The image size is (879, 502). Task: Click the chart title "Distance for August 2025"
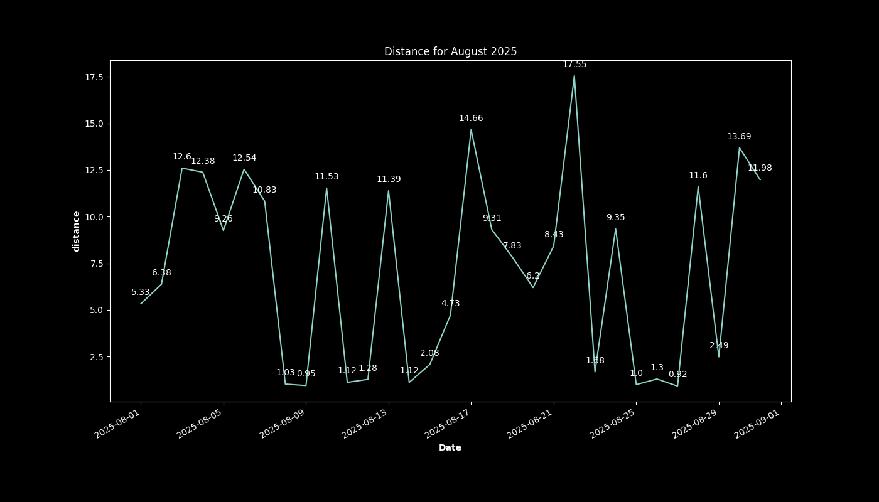(450, 51)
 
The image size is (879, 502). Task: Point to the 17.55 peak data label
(574, 64)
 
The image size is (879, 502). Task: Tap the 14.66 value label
(471, 118)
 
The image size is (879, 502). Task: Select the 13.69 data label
(739, 136)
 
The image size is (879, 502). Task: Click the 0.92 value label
(677, 374)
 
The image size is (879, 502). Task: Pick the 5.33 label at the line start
(141, 292)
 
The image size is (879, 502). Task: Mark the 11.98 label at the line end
(760, 168)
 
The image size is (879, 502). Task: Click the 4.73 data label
(450, 303)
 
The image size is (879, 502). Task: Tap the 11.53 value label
(326, 176)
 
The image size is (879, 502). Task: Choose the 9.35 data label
(615, 217)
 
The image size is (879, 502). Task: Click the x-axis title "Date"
(450, 447)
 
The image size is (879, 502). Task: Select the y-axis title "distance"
(76, 231)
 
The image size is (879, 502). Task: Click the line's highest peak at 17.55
(574, 76)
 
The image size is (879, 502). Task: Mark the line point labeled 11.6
(698, 187)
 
